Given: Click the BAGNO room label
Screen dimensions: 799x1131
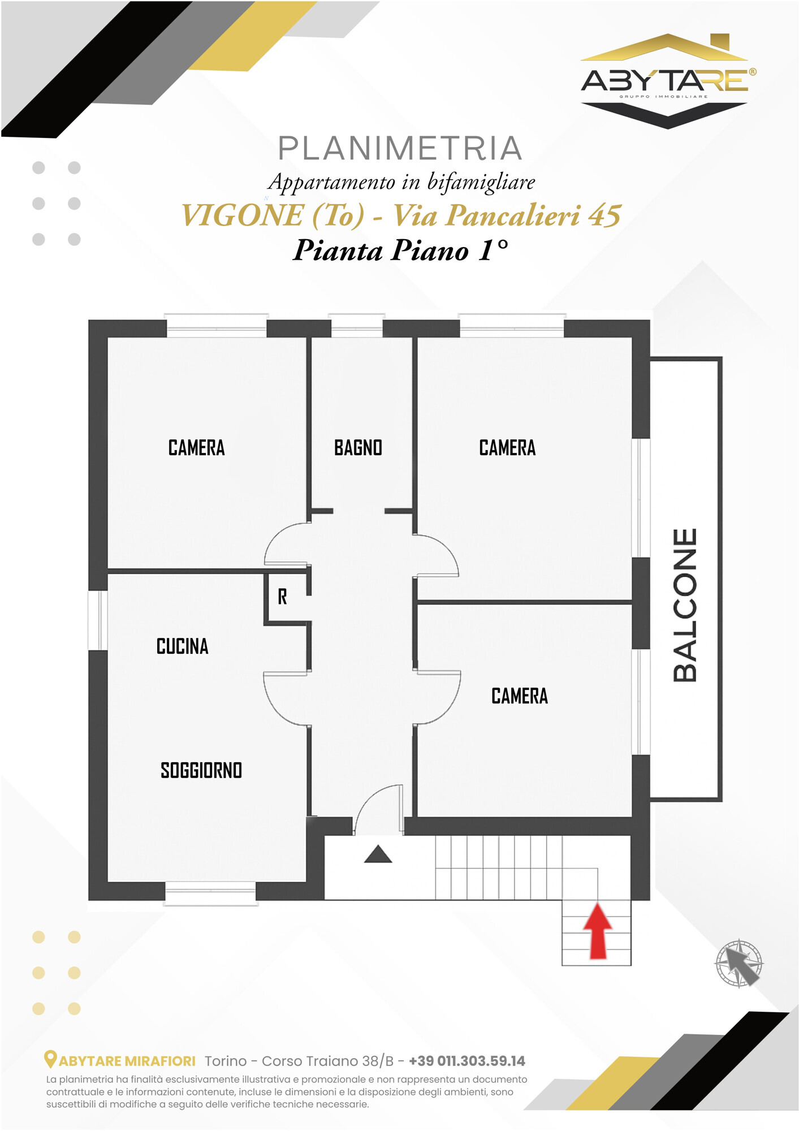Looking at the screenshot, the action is [x=358, y=448].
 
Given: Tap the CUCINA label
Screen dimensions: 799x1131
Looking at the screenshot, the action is [x=182, y=646].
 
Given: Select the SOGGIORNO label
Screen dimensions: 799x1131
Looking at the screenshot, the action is [x=201, y=770].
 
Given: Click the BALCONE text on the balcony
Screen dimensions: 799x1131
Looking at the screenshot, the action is [x=685, y=605].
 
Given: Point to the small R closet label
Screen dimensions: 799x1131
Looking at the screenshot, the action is [x=282, y=597].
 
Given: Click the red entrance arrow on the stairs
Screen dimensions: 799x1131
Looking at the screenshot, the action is [x=597, y=931].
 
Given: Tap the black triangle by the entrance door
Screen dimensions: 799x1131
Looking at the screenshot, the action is [x=378, y=854].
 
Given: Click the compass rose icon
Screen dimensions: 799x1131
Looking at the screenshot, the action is [x=739, y=963].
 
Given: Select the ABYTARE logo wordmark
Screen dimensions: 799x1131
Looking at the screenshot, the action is [x=668, y=81].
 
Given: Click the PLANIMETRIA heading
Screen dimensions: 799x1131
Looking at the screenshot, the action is [x=400, y=148].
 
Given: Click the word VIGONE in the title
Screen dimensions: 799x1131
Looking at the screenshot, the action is [x=242, y=215].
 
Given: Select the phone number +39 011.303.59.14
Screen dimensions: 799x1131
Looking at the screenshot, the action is [x=467, y=1061].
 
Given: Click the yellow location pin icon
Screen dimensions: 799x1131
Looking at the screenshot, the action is [x=50, y=1059].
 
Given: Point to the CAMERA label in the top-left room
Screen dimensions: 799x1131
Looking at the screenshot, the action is [x=196, y=448].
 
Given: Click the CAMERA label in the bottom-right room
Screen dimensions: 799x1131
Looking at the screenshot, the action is [x=520, y=696].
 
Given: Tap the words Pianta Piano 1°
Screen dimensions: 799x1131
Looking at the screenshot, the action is [x=400, y=251].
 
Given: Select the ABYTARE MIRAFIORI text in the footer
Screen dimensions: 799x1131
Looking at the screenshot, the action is [x=127, y=1061].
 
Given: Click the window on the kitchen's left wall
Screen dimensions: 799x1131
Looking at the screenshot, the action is [x=98, y=620].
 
